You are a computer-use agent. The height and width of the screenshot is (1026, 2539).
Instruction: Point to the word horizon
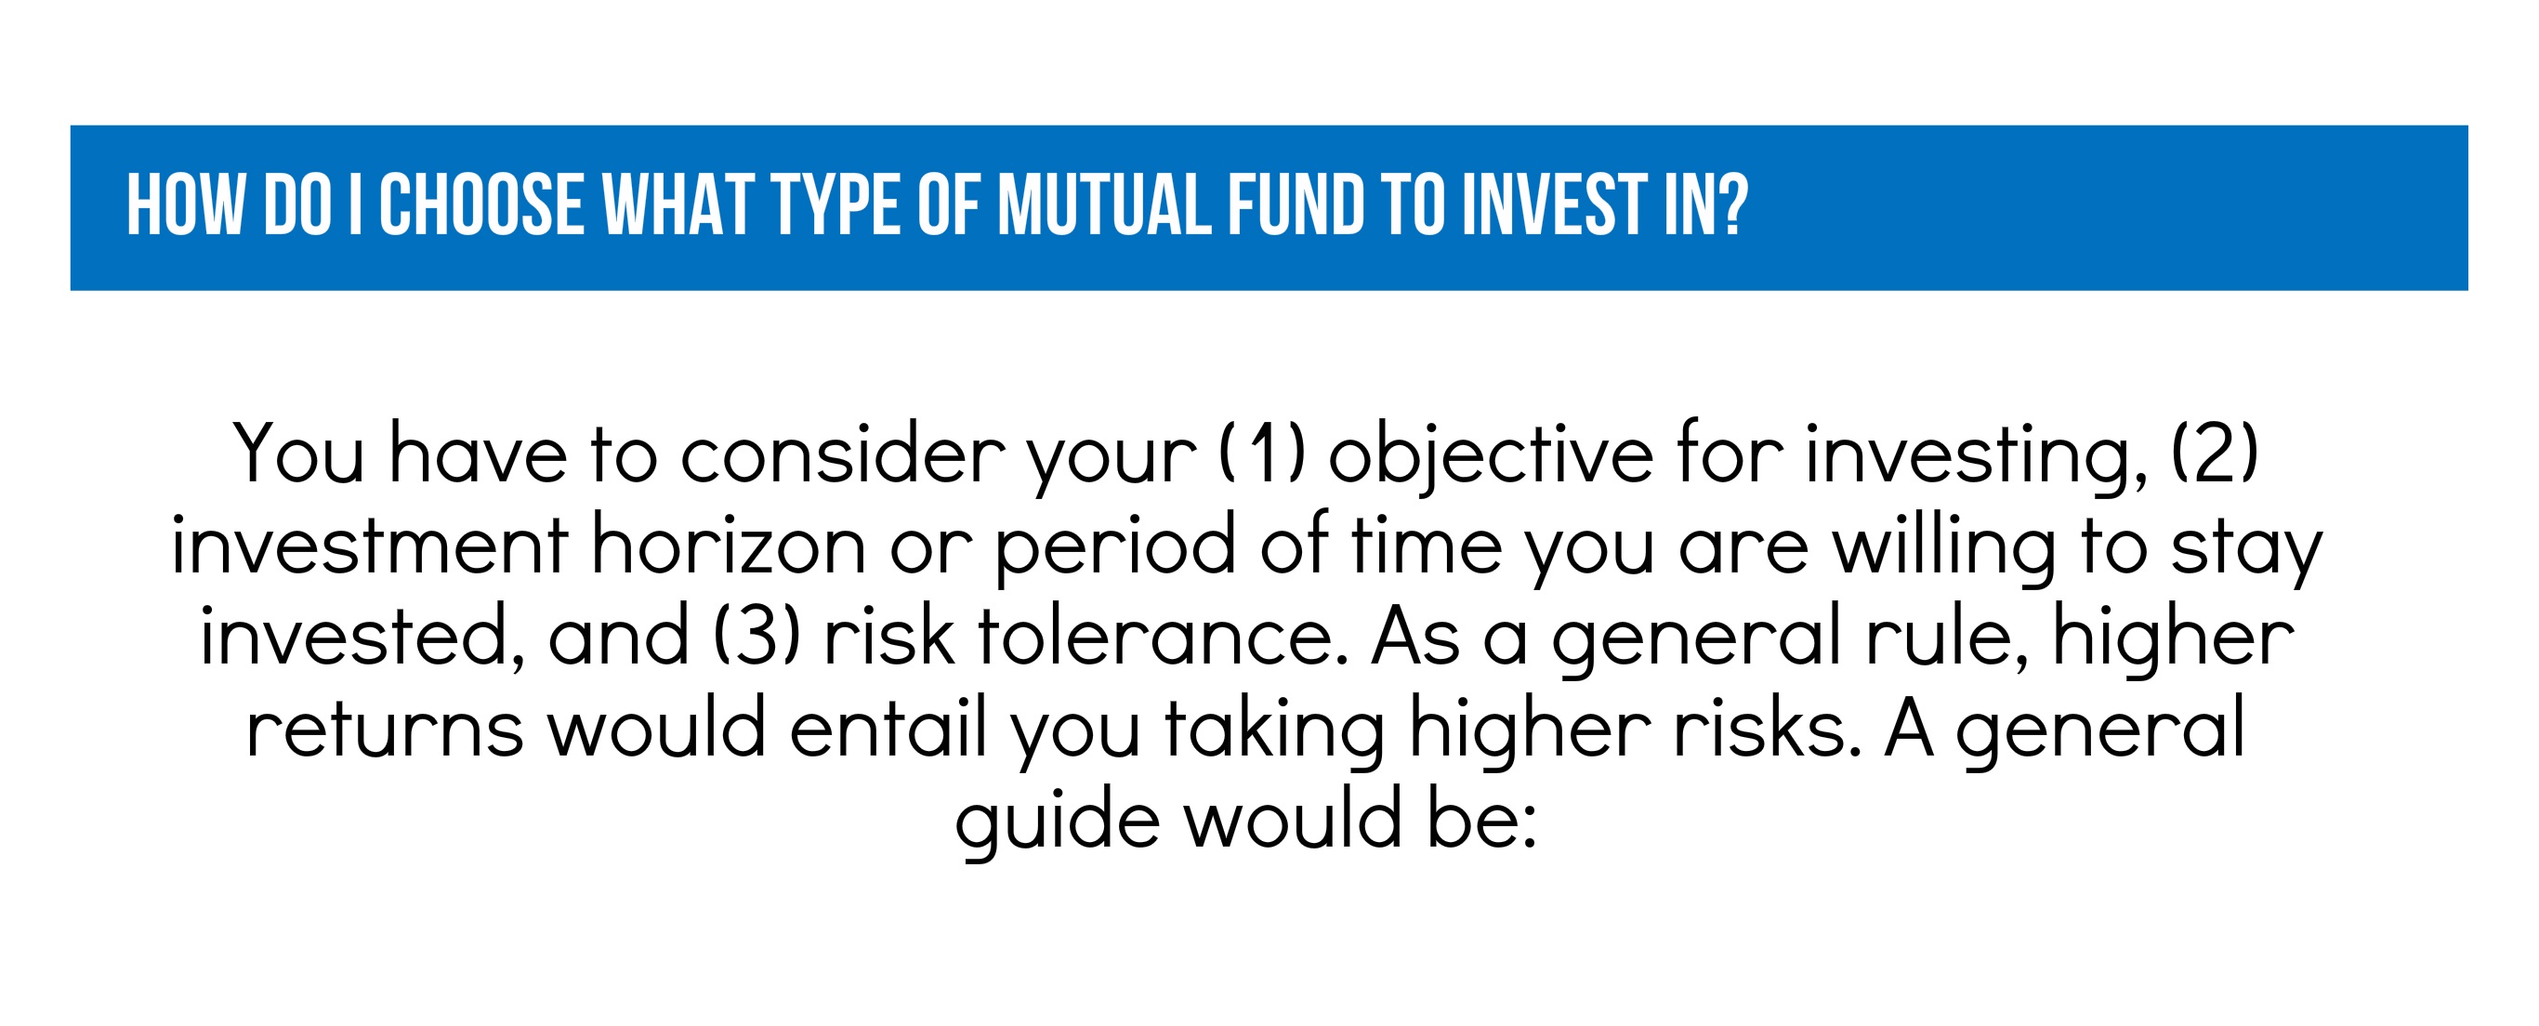click(x=729, y=544)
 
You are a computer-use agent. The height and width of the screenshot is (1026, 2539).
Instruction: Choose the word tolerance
click(x=1162, y=636)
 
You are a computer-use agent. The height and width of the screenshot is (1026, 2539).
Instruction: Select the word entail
click(x=888, y=727)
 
